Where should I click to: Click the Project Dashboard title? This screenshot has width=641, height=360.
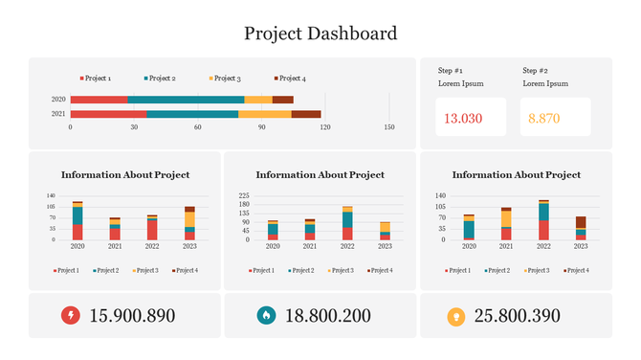coord(320,34)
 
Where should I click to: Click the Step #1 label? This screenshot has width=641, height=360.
coord(451,71)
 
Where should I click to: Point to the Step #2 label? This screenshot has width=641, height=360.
coord(535,71)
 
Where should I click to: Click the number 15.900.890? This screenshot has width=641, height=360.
coord(132,316)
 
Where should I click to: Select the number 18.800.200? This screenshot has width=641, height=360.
coord(327,316)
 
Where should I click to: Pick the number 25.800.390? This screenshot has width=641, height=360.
coord(523,316)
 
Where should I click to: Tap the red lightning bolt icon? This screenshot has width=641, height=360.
coord(70,316)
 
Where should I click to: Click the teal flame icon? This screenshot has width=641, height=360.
coord(265,316)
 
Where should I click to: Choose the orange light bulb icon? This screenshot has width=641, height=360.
coord(456,316)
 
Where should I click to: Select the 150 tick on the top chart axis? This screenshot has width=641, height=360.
coord(388,126)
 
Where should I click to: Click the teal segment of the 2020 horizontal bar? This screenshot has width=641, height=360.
coord(186,99)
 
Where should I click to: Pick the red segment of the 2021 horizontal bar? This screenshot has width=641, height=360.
coord(108,114)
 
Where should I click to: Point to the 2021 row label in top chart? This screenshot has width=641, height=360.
coord(58,114)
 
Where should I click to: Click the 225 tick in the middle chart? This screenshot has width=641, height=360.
coord(244,195)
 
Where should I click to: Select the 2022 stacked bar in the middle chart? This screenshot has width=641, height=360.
coord(347,223)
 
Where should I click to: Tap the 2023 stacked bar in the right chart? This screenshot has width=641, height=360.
coord(581,228)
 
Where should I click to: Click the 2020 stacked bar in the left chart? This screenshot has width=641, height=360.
coord(77,221)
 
